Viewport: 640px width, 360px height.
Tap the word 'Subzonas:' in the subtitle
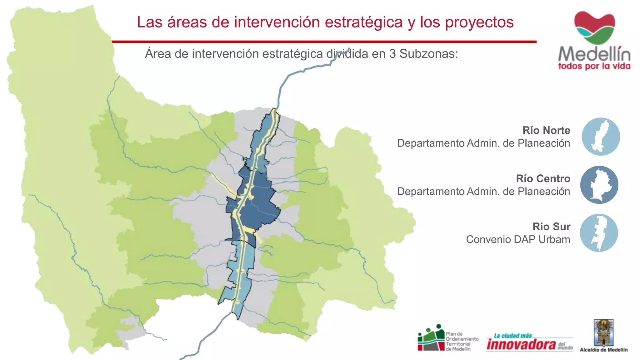[429, 54]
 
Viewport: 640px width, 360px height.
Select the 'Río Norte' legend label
[546, 130]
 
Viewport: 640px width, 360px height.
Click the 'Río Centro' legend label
[543, 178]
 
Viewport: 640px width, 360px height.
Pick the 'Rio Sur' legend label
[551, 227]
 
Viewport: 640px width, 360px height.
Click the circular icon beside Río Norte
[601, 137]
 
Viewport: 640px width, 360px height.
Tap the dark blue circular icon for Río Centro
[599, 185]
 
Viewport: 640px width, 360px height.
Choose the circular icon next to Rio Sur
[599, 233]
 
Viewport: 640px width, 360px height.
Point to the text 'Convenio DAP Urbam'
[518, 239]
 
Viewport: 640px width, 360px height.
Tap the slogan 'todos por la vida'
[594, 66]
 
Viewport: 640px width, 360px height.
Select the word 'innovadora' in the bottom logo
[521, 344]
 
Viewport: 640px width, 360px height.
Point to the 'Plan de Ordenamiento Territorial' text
[462, 342]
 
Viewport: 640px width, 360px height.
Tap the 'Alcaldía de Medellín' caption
[604, 350]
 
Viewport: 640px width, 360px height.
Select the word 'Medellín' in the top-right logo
[594, 54]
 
